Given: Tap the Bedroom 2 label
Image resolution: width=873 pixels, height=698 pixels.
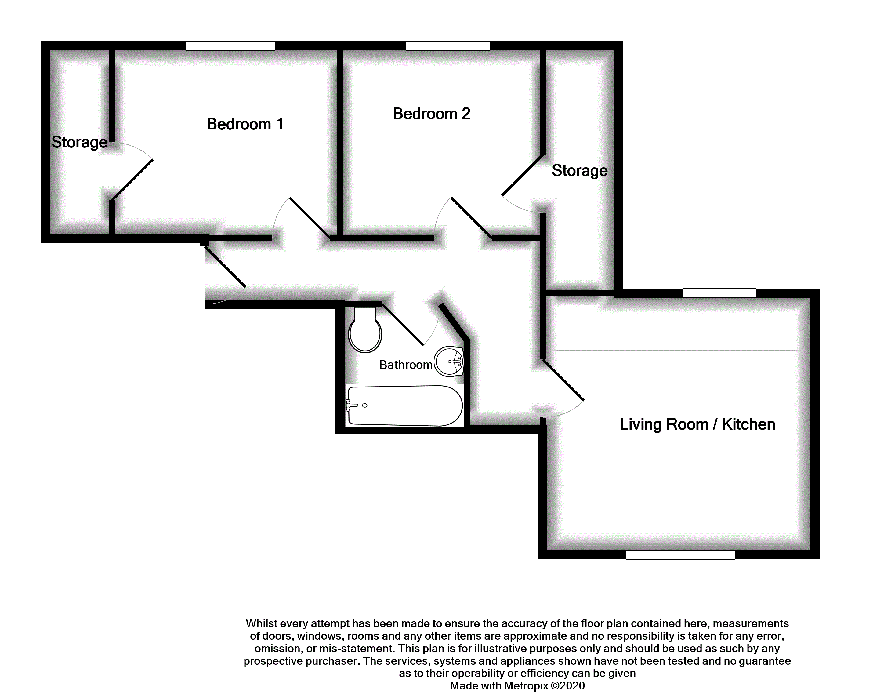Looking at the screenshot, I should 431,114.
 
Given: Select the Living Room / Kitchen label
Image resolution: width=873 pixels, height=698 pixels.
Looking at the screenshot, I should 697,424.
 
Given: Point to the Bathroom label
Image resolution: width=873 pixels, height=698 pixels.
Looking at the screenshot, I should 405,365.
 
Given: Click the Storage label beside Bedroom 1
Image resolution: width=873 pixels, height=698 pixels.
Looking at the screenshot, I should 79,142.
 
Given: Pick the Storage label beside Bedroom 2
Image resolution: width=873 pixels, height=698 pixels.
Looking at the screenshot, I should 579,171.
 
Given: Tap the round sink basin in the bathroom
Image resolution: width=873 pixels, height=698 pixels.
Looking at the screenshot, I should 449,361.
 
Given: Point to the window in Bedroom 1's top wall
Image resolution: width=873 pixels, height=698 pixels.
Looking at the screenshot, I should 231,46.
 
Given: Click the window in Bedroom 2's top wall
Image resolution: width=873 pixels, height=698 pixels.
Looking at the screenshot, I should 447,46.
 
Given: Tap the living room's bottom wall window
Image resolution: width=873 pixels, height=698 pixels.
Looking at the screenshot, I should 680,554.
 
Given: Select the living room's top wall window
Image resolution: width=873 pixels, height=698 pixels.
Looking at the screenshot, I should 719,293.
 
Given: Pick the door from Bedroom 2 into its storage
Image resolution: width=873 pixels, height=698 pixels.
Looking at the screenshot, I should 522,175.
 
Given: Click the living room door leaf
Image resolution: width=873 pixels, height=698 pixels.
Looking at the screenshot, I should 563,380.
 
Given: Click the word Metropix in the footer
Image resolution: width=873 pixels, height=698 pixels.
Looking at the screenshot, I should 526,685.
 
